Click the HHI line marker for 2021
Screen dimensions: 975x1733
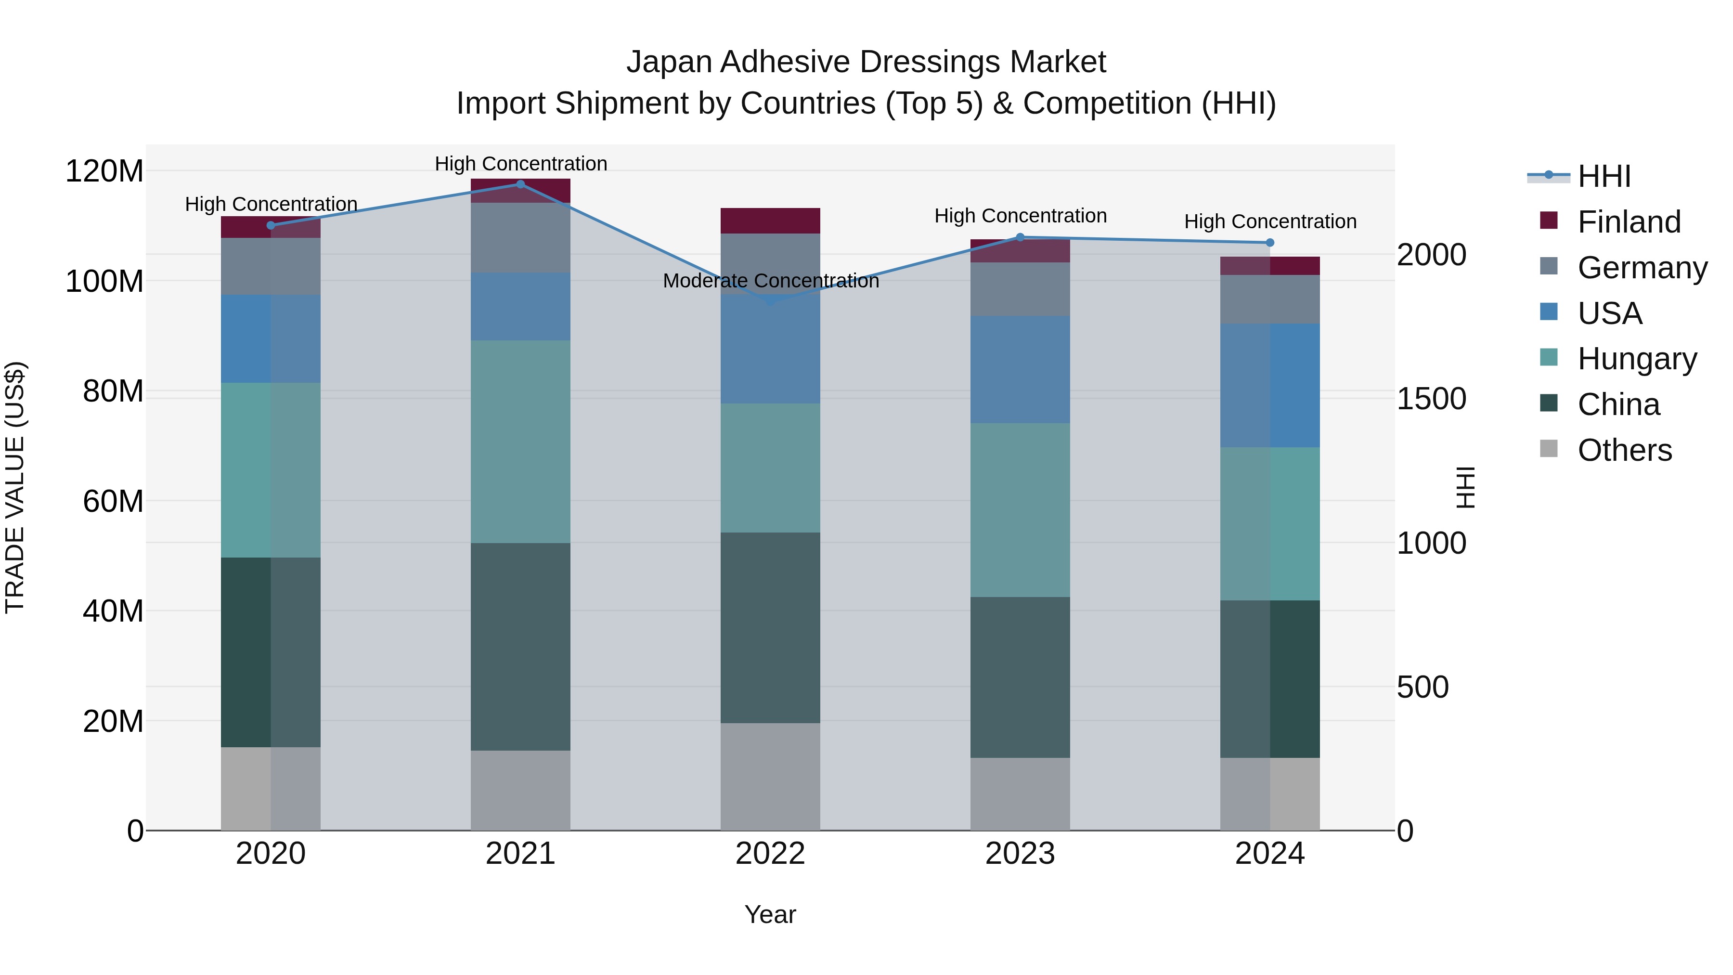520,184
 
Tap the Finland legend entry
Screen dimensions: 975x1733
1628,222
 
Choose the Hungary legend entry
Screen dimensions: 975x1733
1636,359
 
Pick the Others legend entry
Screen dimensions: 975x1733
1624,450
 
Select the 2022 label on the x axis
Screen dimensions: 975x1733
770,853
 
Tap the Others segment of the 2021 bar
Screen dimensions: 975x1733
520,790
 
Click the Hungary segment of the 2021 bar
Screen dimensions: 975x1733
520,442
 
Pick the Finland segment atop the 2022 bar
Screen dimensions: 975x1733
770,221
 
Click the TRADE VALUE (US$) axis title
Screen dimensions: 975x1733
15,487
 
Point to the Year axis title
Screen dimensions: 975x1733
770,914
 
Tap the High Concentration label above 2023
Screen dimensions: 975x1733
1020,216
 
